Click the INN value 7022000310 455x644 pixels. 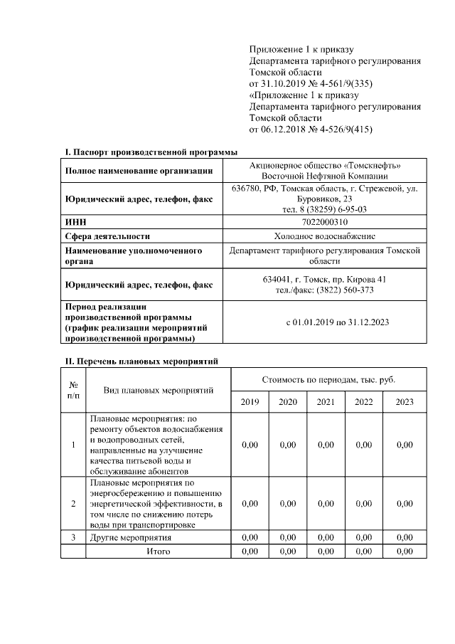pyautogui.click(x=325, y=222)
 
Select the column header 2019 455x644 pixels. pyautogui.click(x=250, y=402)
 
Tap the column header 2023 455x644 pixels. pyautogui.click(x=404, y=402)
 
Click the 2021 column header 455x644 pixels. pyautogui.click(x=326, y=402)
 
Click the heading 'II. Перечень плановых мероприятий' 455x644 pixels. pyautogui.click(x=141, y=361)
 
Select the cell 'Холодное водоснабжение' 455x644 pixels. pyautogui.click(x=325, y=236)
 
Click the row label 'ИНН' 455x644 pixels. pyautogui.click(x=75, y=222)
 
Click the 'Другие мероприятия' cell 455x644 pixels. pyautogui.click(x=131, y=537)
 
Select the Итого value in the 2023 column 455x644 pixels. pyautogui.click(x=404, y=551)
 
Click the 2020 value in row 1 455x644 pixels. pyautogui.click(x=288, y=445)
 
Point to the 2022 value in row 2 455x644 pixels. pyautogui.click(x=363, y=504)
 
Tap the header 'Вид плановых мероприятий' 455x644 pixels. pyautogui.click(x=158, y=391)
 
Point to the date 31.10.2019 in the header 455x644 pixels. pyautogui.click(x=283, y=84)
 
